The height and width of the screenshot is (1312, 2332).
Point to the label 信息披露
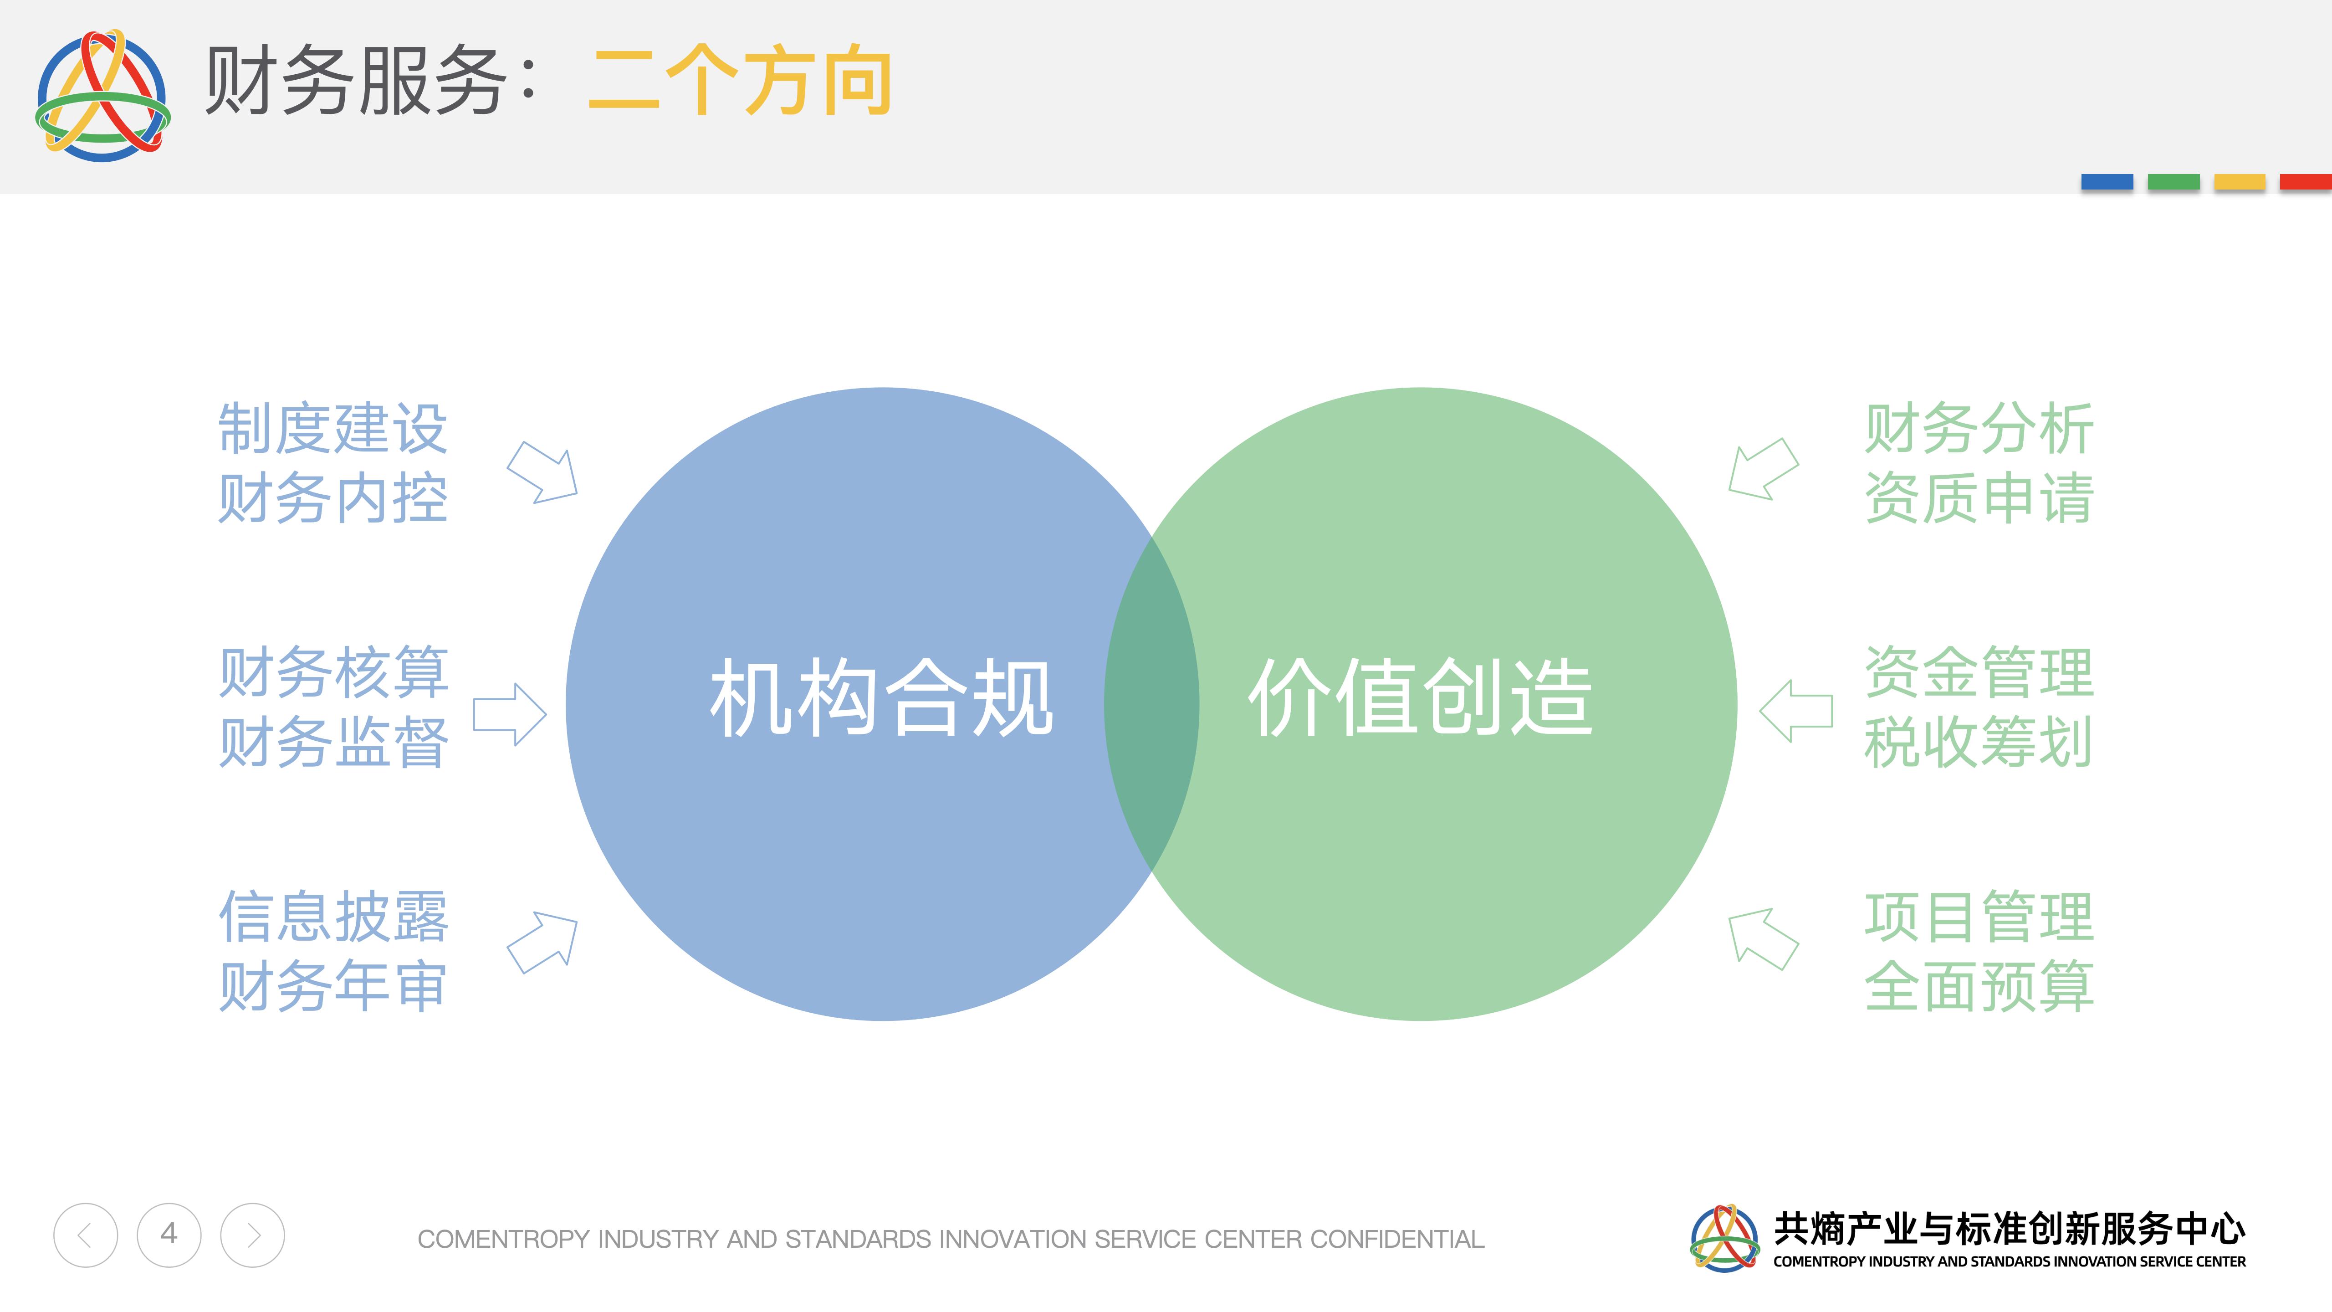pyautogui.click(x=333, y=916)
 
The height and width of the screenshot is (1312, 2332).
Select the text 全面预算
pyautogui.click(x=1979, y=986)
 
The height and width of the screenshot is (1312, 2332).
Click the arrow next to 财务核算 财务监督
pyautogui.click(x=510, y=714)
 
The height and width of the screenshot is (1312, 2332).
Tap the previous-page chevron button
pyautogui.click(x=85, y=1235)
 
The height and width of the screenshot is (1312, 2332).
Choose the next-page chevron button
pyautogui.click(x=253, y=1235)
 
